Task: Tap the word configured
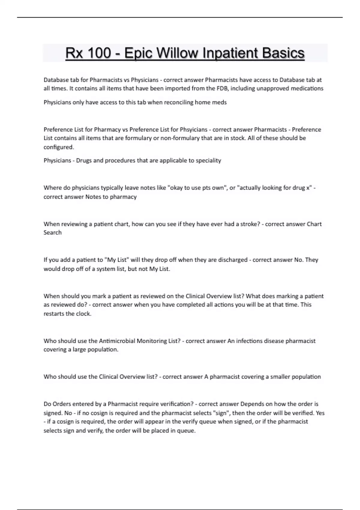coord(58,147)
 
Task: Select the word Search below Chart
coord(52,233)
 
